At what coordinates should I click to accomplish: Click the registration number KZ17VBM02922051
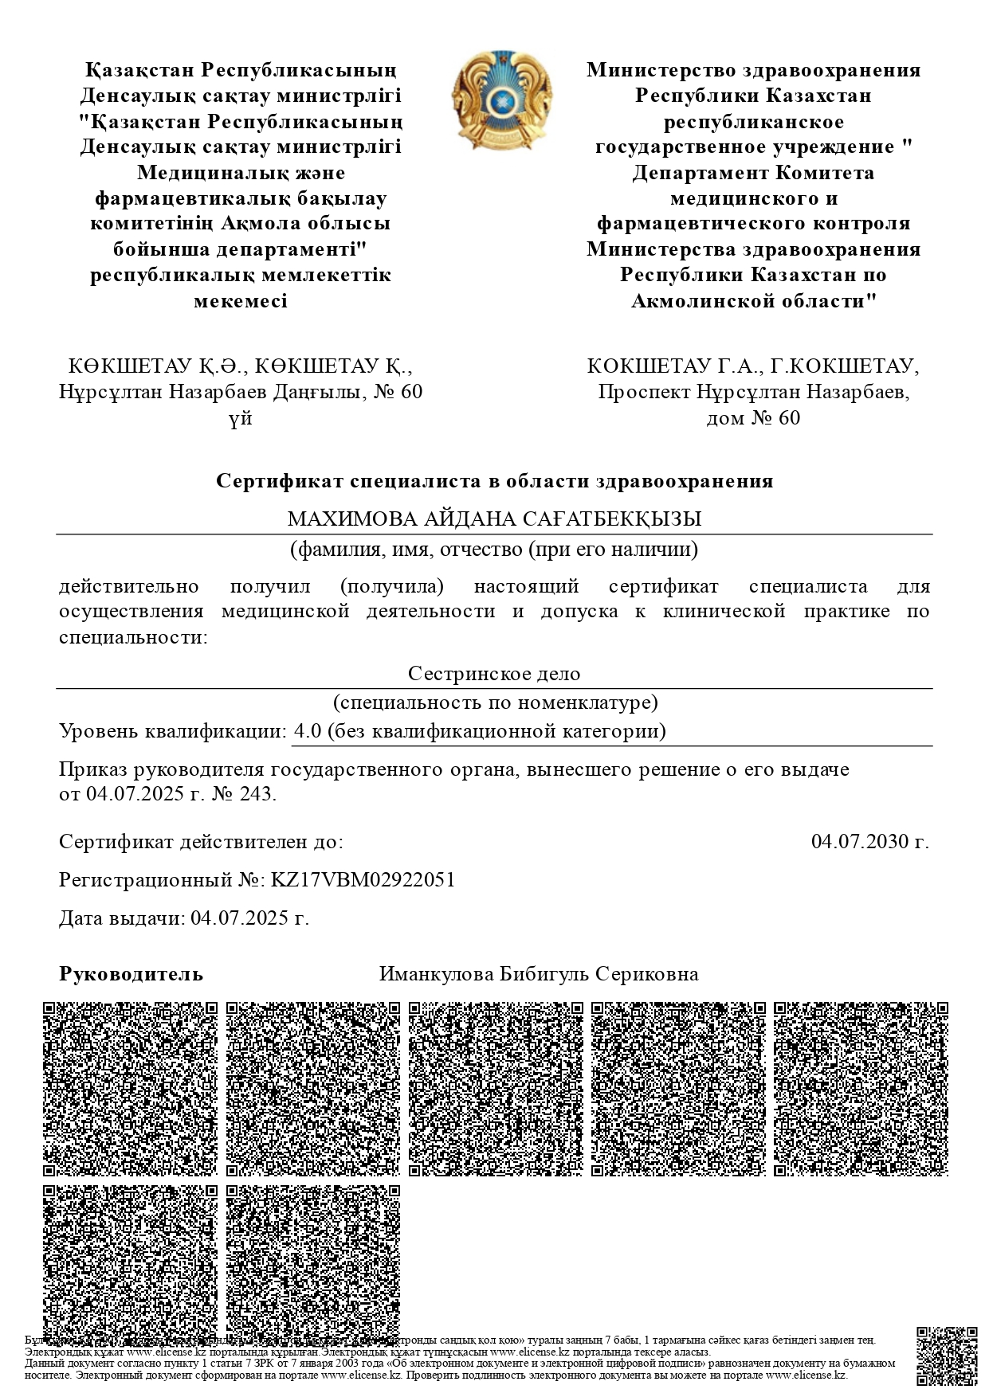pos(363,880)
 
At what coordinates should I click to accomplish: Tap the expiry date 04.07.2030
pos(869,841)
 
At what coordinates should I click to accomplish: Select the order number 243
pos(258,795)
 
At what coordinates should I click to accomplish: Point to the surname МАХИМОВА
pos(351,519)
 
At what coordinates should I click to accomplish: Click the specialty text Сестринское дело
pos(494,674)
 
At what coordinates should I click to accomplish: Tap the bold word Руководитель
pos(131,974)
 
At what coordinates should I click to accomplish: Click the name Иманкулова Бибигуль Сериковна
pos(539,974)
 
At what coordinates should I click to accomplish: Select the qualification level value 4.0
pos(307,731)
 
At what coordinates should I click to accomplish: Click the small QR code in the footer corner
pos(947,1356)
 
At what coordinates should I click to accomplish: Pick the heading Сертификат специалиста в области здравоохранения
pos(494,481)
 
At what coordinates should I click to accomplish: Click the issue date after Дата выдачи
pos(249,918)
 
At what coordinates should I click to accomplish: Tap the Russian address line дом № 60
pos(753,418)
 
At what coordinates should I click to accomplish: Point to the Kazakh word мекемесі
pos(241,301)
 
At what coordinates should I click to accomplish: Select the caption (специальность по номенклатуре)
pos(495,702)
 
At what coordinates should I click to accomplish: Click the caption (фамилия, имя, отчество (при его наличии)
pos(494,550)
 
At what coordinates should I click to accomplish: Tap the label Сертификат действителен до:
pos(202,841)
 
